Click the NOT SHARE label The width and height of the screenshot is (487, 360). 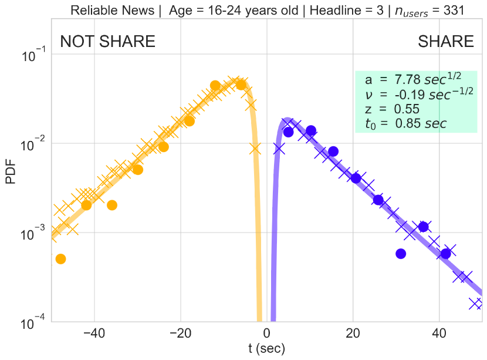(x=108, y=42)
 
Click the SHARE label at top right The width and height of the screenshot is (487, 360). (x=446, y=42)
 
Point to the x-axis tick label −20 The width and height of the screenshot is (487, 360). (x=181, y=334)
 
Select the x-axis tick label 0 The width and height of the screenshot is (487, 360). (x=267, y=334)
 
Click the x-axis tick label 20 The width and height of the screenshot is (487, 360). (x=353, y=334)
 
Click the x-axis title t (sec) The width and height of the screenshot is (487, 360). (x=267, y=349)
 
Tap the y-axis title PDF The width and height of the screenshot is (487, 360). (x=11, y=171)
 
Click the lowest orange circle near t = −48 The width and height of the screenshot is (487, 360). (x=60, y=259)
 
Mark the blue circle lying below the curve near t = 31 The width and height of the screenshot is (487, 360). (x=401, y=254)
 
